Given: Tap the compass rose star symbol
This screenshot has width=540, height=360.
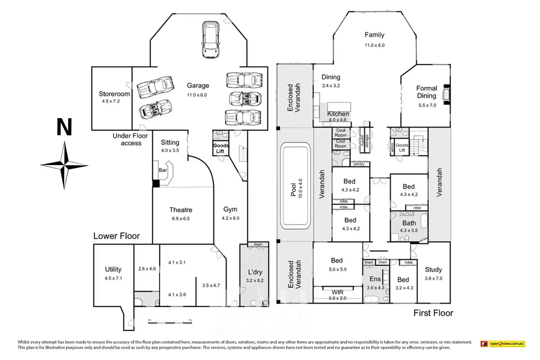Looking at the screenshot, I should coord(65,165).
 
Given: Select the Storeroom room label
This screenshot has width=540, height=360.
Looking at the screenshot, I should coord(114,94).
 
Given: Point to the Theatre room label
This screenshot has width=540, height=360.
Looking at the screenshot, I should coord(180,210).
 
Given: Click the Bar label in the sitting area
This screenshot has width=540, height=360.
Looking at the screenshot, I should coord(163,170).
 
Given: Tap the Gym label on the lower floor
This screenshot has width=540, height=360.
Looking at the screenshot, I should coord(230,209).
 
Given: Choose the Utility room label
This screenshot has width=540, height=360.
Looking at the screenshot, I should coord(113,269).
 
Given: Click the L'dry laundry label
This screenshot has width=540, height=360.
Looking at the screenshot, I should coord(255,272).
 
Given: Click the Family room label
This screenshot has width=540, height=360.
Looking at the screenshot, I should coord(374,35).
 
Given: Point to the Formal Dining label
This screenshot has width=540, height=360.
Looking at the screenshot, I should coord(426,92).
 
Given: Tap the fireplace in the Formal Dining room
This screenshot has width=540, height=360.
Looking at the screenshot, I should coord(446,94).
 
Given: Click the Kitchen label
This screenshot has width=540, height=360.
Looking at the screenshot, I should coord(338,114).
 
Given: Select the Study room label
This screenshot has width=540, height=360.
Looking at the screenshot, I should coord(433,270).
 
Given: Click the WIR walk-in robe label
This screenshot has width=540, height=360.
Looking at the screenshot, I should coord(337,292).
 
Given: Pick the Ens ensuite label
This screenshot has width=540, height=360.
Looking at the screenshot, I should coord(375,279).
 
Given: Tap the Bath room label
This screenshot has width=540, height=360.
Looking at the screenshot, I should coord(409,223).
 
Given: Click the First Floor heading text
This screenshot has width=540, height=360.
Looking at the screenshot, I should coord(433,313).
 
